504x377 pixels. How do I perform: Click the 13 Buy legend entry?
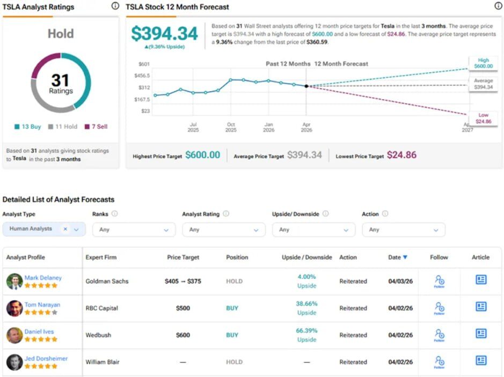[x=27, y=127]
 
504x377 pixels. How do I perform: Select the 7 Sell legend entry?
[x=96, y=127]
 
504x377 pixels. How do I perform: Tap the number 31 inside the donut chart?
[x=61, y=80]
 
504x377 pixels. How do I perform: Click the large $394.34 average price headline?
[x=164, y=34]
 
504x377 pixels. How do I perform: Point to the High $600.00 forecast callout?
[x=483, y=63]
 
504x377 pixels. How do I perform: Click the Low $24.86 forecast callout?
[x=483, y=119]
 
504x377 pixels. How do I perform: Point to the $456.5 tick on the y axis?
[x=142, y=76]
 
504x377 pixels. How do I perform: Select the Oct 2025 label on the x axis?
[x=230, y=127]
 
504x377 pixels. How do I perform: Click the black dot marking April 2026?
[x=306, y=86]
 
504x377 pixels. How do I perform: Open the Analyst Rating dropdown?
[x=224, y=230]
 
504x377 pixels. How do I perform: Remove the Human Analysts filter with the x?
[x=65, y=229]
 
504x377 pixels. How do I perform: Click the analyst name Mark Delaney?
[x=43, y=278]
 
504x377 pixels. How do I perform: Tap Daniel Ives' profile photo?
[x=14, y=335]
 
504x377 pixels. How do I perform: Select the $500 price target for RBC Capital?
[x=183, y=308]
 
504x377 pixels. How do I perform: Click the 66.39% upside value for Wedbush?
[x=306, y=331]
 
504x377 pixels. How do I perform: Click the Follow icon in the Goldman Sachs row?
[x=439, y=281]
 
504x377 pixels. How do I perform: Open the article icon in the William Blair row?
[x=481, y=360]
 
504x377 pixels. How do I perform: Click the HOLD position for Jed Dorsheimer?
[x=234, y=362]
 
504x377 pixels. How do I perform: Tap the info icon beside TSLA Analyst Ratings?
[x=115, y=6]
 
